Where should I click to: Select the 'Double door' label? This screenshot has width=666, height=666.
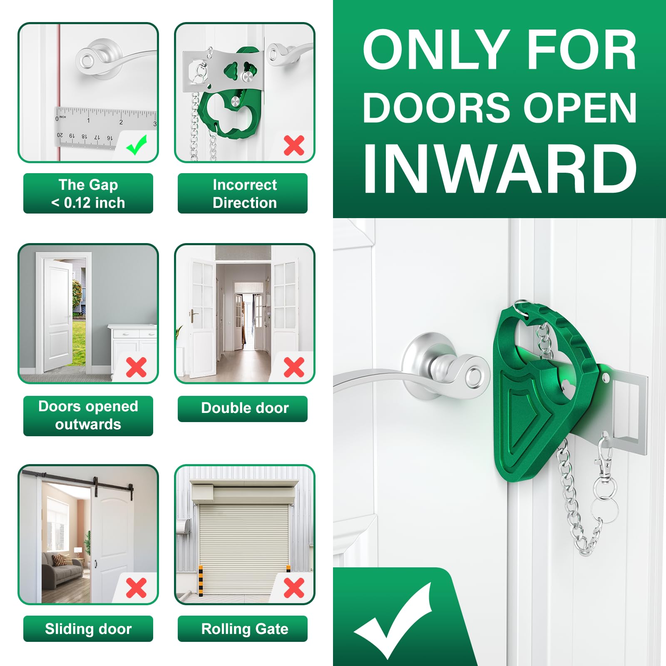click(244, 408)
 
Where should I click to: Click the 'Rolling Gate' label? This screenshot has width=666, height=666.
click(244, 629)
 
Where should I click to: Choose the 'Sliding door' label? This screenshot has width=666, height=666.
click(88, 629)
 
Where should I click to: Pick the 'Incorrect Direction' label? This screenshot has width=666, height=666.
click(244, 194)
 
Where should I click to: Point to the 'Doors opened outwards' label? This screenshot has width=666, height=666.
click(88, 415)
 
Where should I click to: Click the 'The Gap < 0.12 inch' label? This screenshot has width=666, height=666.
click(88, 194)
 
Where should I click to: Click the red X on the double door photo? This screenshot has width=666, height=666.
click(294, 367)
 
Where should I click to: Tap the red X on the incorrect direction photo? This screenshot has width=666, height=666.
click(294, 146)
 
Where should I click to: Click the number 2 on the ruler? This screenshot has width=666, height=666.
click(121, 122)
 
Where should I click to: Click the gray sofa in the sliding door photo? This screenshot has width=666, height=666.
click(62, 568)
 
